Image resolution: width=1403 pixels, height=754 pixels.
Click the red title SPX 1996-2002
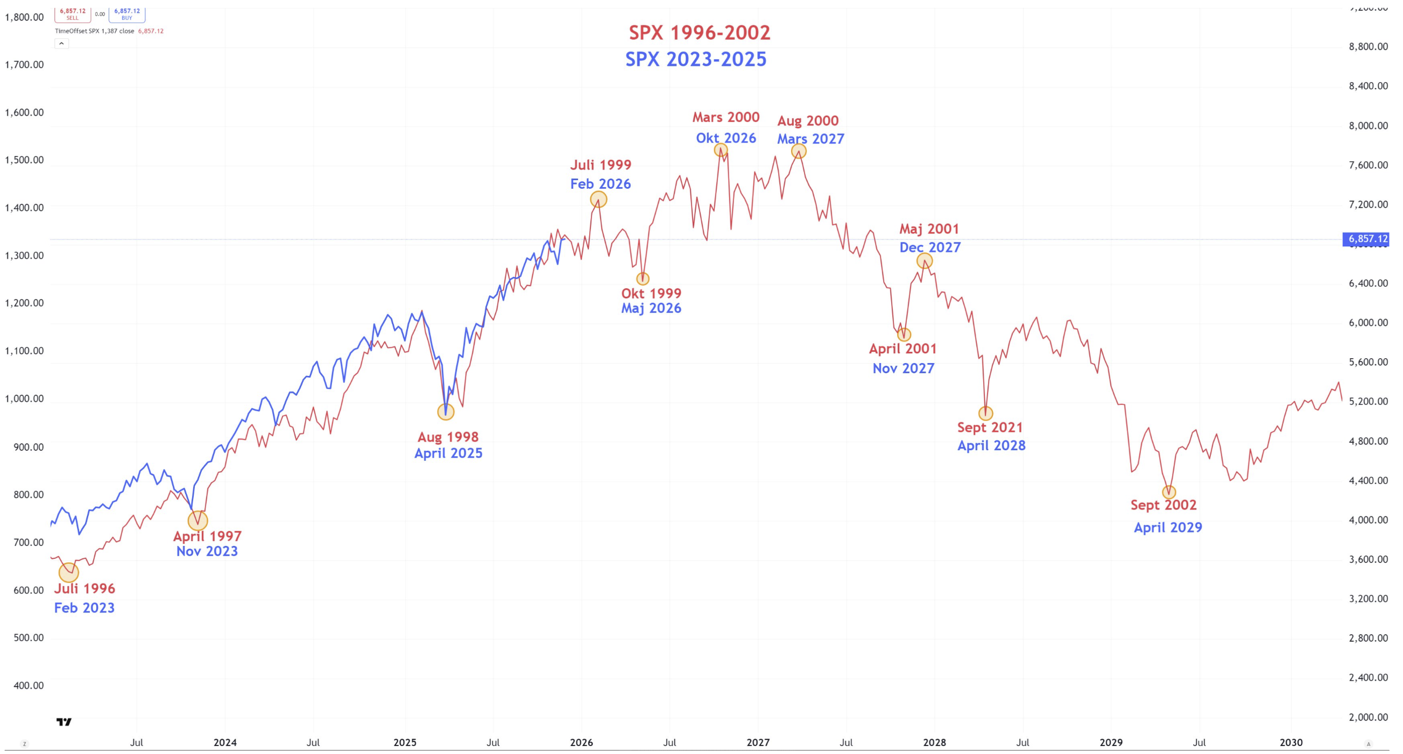tap(699, 33)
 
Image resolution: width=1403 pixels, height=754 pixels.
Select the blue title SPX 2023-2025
tap(695, 59)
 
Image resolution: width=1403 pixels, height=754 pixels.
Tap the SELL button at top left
tap(73, 13)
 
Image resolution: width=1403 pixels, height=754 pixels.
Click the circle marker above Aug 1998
tap(446, 411)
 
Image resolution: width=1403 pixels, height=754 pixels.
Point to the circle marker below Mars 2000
tap(721, 150)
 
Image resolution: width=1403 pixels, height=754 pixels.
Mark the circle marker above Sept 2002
tap(1169, 492)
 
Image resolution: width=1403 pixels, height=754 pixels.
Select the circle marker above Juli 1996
tap(69, 572)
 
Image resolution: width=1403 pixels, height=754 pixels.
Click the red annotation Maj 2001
tap(929, 229)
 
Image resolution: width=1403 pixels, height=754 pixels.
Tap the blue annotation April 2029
tap(1168, 527)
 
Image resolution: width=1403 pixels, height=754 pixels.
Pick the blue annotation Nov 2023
tap(207, 551)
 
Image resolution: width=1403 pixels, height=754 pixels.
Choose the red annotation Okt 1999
tap(651, 293)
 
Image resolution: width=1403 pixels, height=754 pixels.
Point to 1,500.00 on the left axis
tap(25, 160)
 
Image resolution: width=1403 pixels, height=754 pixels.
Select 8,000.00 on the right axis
tap(1367, 126)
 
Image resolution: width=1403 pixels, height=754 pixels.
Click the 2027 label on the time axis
tap(758, 743)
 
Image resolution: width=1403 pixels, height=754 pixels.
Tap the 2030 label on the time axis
tap(1291, 743)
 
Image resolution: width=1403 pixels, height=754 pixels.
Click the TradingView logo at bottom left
tap(64, 722)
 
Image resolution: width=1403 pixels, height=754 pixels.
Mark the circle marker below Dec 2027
tap(924, 261)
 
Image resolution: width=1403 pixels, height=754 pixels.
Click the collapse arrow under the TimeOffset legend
tap(61, 44)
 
